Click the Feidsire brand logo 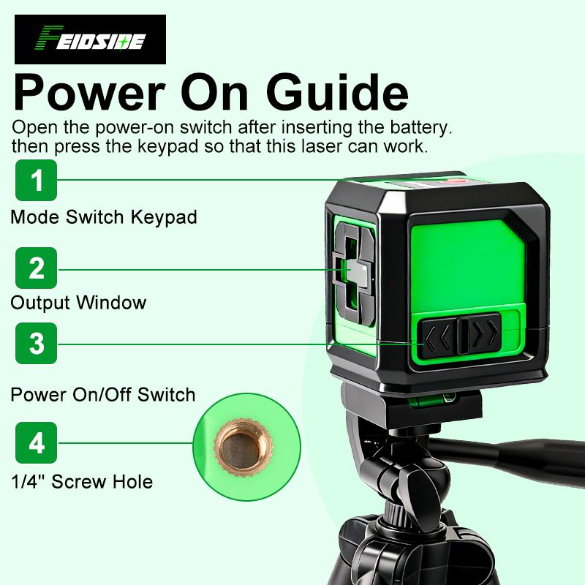coord(90,39)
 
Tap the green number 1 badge coord(36,180)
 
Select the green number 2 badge coord(36,268)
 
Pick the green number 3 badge coord(36,344)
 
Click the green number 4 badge coord(36,443)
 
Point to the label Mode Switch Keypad coord(103,217)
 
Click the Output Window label coord(78,302)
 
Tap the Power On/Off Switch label coord(103,395)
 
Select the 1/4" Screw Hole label coord(81,481)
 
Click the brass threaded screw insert coord(238,443)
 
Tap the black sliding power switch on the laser coord(463,335)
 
